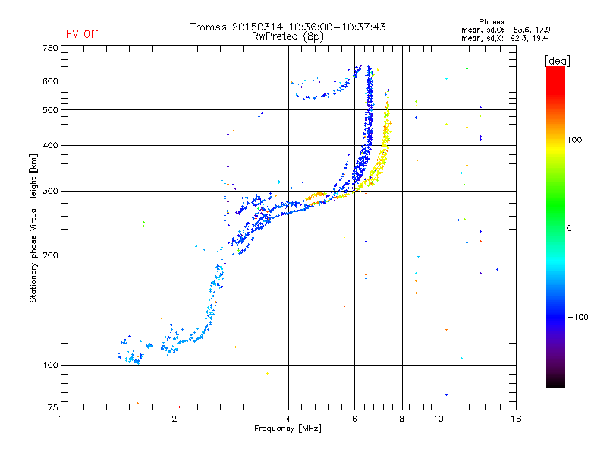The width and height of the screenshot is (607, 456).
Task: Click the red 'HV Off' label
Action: pyautogui.click(x=82, y=34)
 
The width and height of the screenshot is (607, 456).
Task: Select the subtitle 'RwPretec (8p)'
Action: pyautogui.click(x=288, y=36)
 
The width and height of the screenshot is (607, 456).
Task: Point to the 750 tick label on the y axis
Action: pyautogui.click(x=50, y=48)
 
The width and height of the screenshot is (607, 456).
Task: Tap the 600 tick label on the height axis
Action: pyautogui.click(x=50, y=81)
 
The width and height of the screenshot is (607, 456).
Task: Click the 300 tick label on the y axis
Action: pyautogui.click(x=50, y=191)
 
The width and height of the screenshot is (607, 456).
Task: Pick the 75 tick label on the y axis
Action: pyautogui.click(x=53, y=407)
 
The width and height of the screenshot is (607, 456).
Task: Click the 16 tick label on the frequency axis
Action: pyautogui.click(x=516, y=419)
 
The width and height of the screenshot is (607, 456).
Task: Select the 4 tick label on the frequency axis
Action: pyautogui.click(x=288, y=419)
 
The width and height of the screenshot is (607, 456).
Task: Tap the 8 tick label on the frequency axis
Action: pyautogui.click(x=402, y=419)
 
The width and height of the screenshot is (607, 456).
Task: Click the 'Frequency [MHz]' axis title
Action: pyautogui.click(x=288, y=429)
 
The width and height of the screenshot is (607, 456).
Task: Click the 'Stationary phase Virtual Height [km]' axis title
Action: pyautogui.click(x=33, y=228)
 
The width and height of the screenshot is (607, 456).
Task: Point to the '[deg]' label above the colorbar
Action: pyautogui.click(x=557, y=61)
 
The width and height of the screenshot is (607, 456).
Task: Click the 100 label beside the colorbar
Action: pyautogui.click(x=574, y=140)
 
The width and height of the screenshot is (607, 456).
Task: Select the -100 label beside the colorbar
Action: pyautogui.click(x=577, y=317)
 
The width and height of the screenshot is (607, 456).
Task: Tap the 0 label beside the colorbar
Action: pyautogui.click(x=569, y=229)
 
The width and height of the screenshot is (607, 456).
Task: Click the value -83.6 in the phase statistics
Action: pyautogui.click(x=519, y=30)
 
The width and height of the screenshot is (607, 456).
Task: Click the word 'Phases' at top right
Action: pyautogui.click(x=491, y=22)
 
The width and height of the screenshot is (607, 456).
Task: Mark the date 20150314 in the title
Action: pyautogui.click(x=257, y=27)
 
